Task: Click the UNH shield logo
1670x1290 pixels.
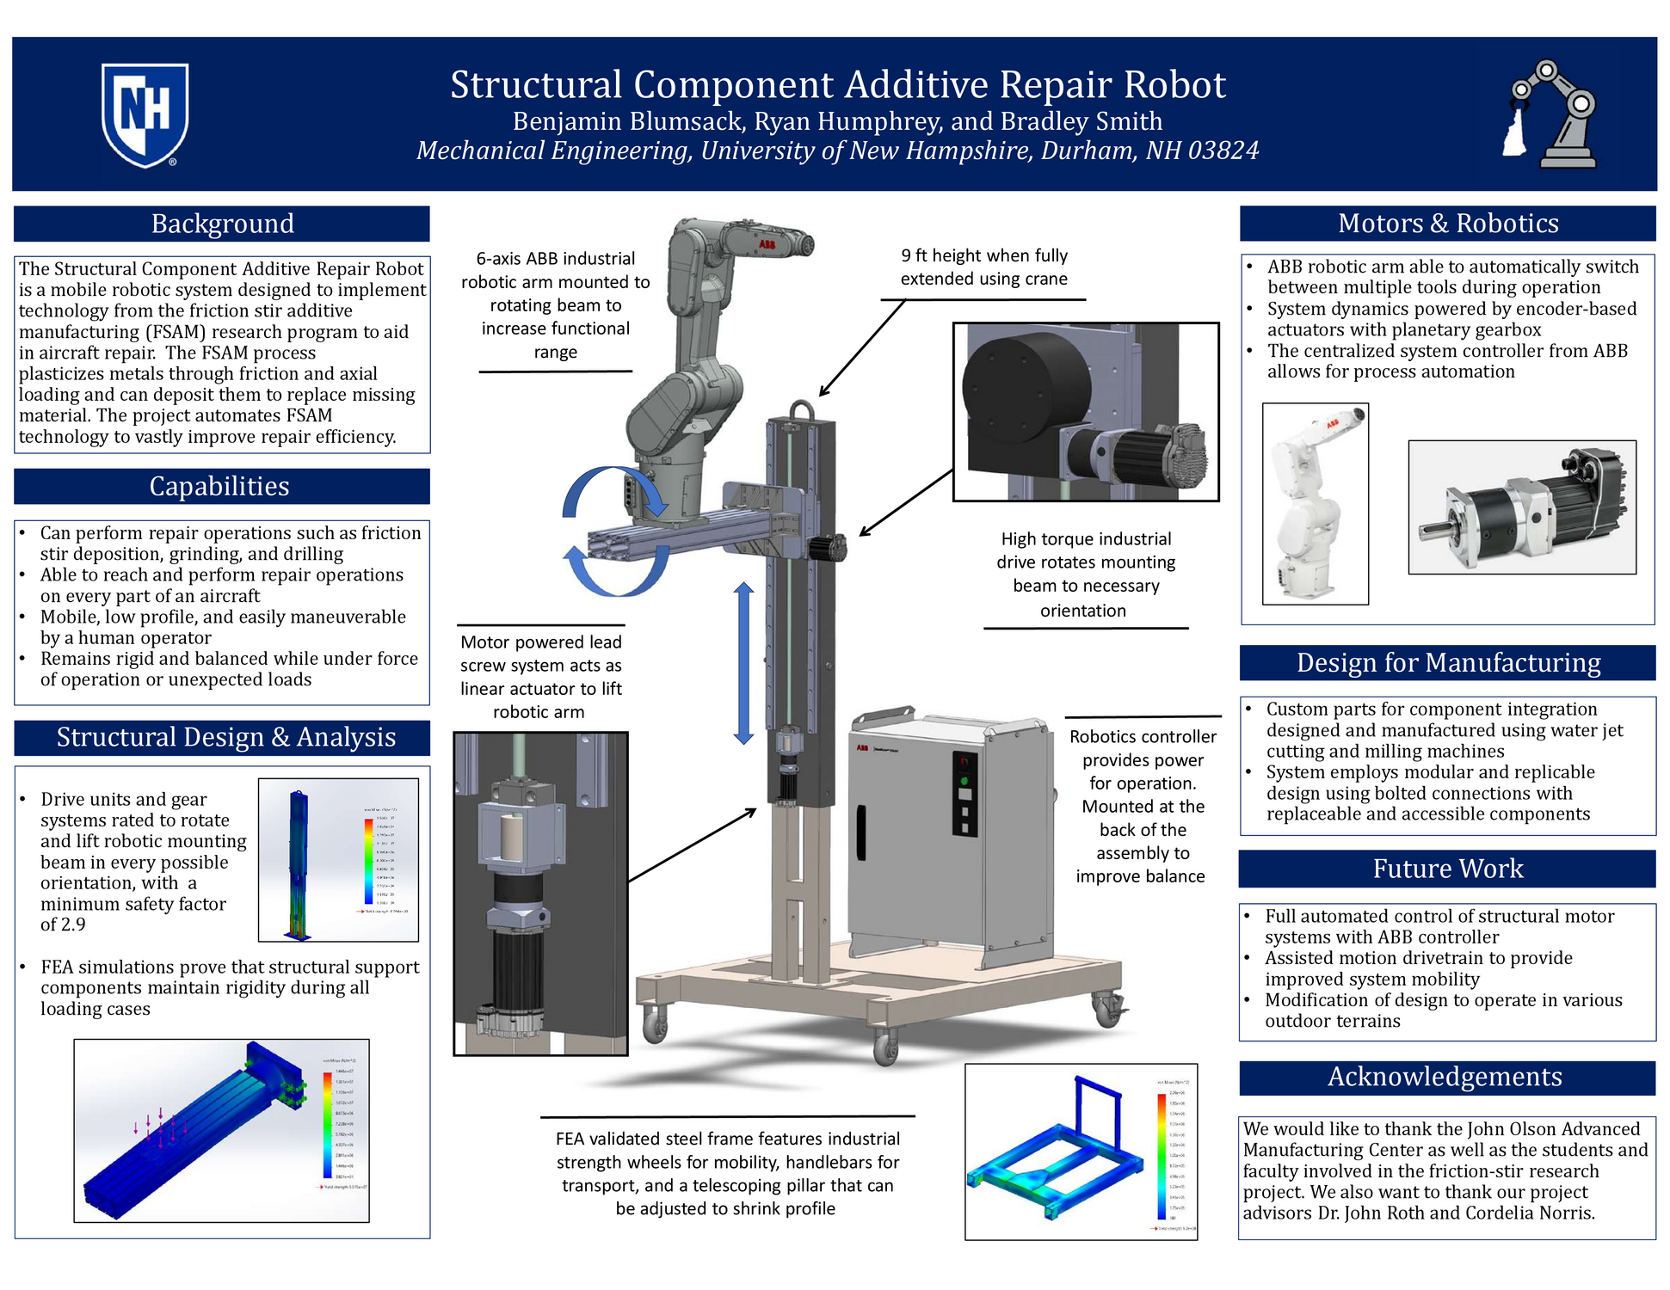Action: tap(145, 114)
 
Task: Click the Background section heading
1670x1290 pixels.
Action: tap(222, 224)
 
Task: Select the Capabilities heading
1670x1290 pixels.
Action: tap(219, 486)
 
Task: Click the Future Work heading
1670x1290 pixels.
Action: tap(1447, 869)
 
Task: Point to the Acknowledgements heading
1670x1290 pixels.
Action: tap(1445, 1077)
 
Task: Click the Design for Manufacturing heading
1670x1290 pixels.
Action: tap(1448, 662)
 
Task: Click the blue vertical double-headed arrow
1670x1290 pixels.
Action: tap(743, 662)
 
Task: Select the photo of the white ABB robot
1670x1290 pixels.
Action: tap(1314, 504)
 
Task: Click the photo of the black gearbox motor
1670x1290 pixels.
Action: tap(1521, 507)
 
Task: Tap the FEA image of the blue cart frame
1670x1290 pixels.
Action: tap(1081, 1151)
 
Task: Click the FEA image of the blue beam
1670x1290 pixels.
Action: tap(221, 1130)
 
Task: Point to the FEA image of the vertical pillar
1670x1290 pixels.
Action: tap(337, 860)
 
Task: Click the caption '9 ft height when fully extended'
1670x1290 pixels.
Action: tap(983, 267)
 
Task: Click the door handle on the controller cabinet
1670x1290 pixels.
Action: tap(861, 832)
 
